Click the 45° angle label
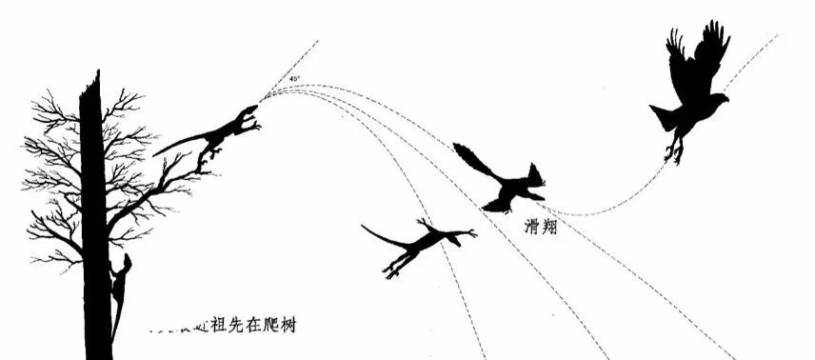[295, 78]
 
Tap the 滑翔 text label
[540, 228]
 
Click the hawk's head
[718, 97]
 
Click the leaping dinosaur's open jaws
[249, 116]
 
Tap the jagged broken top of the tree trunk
[91, 86]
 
